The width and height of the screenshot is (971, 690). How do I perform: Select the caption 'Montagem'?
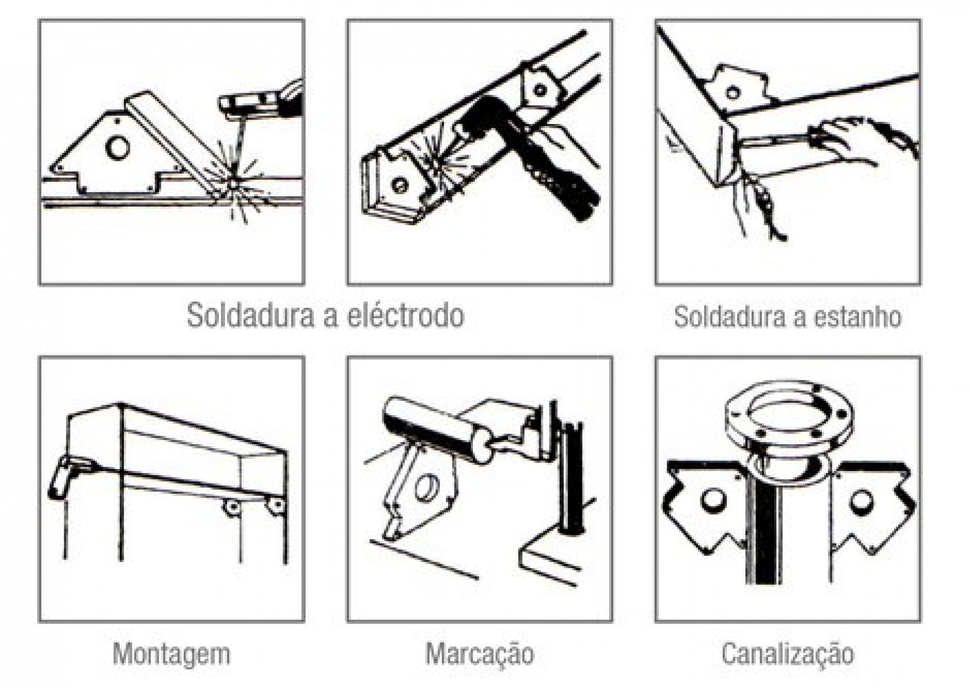tap(171, 654)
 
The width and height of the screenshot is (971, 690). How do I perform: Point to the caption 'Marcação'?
tap(479, 654)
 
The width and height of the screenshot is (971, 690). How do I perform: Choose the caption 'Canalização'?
tap(787, 654)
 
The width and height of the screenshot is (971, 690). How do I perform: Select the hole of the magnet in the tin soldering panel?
tap(732, 93)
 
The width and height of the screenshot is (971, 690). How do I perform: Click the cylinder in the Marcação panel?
tap(435, 427)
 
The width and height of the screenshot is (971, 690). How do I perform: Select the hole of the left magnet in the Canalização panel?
tap(712, 500)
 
